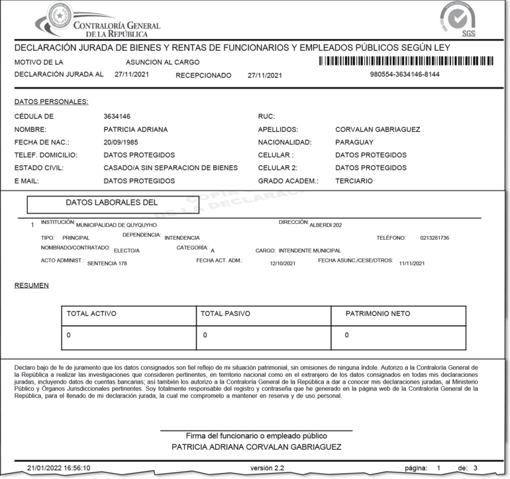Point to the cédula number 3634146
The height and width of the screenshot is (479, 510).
(117, 117)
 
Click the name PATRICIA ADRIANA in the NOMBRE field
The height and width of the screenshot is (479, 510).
(136, 129)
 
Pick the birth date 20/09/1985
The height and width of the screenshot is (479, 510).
(121, 142)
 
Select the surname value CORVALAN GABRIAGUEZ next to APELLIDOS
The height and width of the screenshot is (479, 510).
(378, 129)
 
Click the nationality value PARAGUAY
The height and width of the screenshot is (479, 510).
(354, 142)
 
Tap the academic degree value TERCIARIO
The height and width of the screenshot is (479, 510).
(354, 181)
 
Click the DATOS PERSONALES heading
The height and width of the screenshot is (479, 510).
(51, 102)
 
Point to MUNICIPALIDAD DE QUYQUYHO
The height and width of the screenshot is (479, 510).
(117, 225)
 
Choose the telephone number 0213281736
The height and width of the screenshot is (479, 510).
(434, 238)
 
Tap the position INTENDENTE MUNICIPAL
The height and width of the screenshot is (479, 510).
(310, 251)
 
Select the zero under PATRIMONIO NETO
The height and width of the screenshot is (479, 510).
(346, 336)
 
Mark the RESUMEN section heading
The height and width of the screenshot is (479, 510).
(31, 286)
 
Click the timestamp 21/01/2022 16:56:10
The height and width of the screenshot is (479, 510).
(58, 468)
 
